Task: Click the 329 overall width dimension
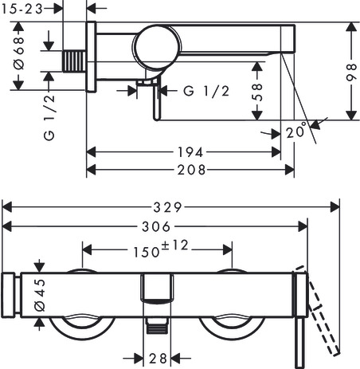pos(167,207)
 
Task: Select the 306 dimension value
pos(156,227)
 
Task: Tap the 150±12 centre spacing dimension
pos(161,249)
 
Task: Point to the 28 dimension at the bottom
pos(158,359)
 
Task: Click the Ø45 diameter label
pos(40,295)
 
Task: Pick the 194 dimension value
pos(190,152)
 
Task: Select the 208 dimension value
pos(191,170)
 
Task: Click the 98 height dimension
pos(351,72)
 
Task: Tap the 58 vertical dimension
pos(256,92)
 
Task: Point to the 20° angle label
pos(296,131)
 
